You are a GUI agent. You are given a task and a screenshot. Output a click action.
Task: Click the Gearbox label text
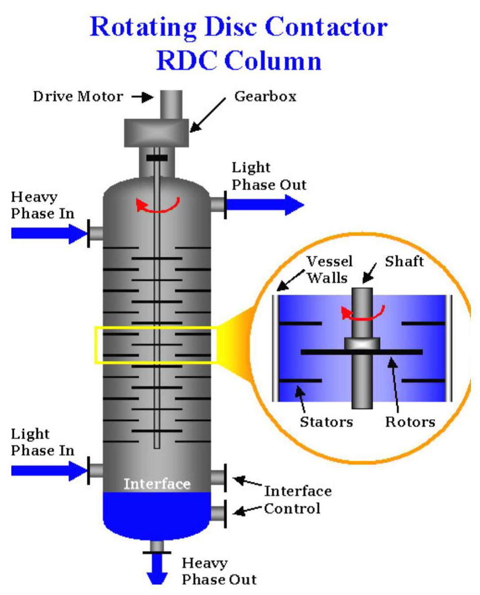point(265,96)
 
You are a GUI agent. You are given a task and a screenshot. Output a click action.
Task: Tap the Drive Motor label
point(78,96)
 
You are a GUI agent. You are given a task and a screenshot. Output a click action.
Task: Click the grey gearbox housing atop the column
point(156,132)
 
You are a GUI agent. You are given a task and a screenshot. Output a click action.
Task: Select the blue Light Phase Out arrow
point(264,205)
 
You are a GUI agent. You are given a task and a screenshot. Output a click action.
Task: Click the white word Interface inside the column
point(157,484)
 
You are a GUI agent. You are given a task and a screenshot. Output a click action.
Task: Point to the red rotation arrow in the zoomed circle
point(362,313)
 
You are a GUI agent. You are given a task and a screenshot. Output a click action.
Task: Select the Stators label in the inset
point(326,422)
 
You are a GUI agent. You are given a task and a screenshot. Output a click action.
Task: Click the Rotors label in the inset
point(410,422)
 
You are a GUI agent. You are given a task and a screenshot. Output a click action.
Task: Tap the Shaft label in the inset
point(404,261)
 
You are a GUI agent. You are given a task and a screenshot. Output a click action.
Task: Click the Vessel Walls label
point(329,269)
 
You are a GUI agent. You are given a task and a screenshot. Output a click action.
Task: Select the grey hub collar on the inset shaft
point(362,343)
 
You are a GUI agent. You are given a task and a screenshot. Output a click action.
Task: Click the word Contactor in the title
point(326,27)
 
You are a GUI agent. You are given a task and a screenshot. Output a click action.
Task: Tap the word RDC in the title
point(186,61)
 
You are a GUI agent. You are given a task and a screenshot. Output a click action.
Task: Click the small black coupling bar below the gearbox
point(157,158)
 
